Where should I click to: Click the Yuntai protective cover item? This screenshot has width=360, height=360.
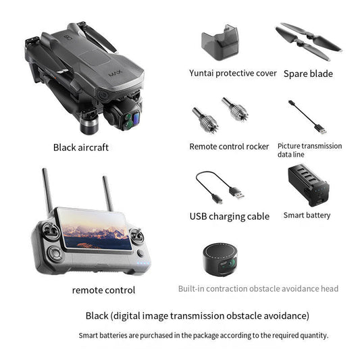pos(220,42)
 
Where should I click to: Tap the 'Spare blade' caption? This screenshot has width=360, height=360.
pos(308,74)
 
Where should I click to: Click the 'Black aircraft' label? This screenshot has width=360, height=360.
pos(80,147)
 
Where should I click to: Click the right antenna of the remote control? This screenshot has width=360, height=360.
pos(107,196)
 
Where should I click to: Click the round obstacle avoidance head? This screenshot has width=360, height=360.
pos(221,260)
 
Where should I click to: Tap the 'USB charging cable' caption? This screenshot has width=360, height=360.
pos(229,217)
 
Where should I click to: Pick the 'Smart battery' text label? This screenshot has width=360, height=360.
pos(307,215)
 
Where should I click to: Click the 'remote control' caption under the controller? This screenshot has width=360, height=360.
pos(103,290)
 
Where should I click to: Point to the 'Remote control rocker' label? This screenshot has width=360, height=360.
pos(229,147)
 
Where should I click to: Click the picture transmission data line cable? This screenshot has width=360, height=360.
pos(307,116)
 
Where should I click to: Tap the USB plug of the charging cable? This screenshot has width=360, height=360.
pos(236,192)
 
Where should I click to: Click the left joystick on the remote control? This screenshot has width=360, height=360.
pos(49,234)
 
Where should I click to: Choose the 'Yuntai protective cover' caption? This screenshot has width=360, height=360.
pos(232,73)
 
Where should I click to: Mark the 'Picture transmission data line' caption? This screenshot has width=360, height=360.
pos(309,150)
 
